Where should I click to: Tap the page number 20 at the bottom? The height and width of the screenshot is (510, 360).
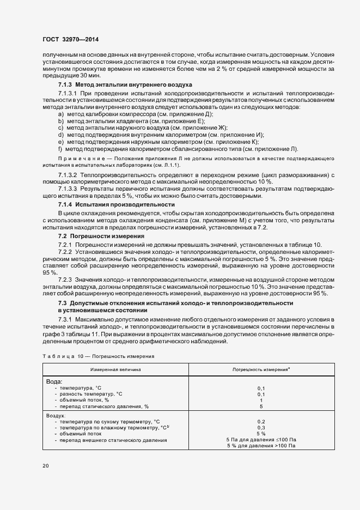[x=46, y=466]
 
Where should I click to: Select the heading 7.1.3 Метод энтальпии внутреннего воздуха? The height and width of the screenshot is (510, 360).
[x=124, y=86]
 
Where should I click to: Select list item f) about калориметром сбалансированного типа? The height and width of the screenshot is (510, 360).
[x=178, y=148]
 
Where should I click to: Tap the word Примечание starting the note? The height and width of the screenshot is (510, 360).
[x=75, y=159]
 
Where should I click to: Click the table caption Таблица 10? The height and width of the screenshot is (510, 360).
[x=60, y=356]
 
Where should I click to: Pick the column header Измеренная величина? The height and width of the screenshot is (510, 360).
[x=115, y=369]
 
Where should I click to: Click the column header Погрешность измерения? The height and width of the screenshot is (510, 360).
[x=260, y=369]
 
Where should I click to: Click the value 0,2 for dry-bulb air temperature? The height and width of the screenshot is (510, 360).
[x=261, y=421]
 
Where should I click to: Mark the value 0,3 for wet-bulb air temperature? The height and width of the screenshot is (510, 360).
[x=261, y=428]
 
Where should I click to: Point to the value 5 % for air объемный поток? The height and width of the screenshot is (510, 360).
[x=261, y=434]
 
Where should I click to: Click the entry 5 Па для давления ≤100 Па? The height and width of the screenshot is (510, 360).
[x=261, y=440]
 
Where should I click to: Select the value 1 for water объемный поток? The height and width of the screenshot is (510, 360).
[x=261, y=400]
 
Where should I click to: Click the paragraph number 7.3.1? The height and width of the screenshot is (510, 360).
[x=66, y=318]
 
